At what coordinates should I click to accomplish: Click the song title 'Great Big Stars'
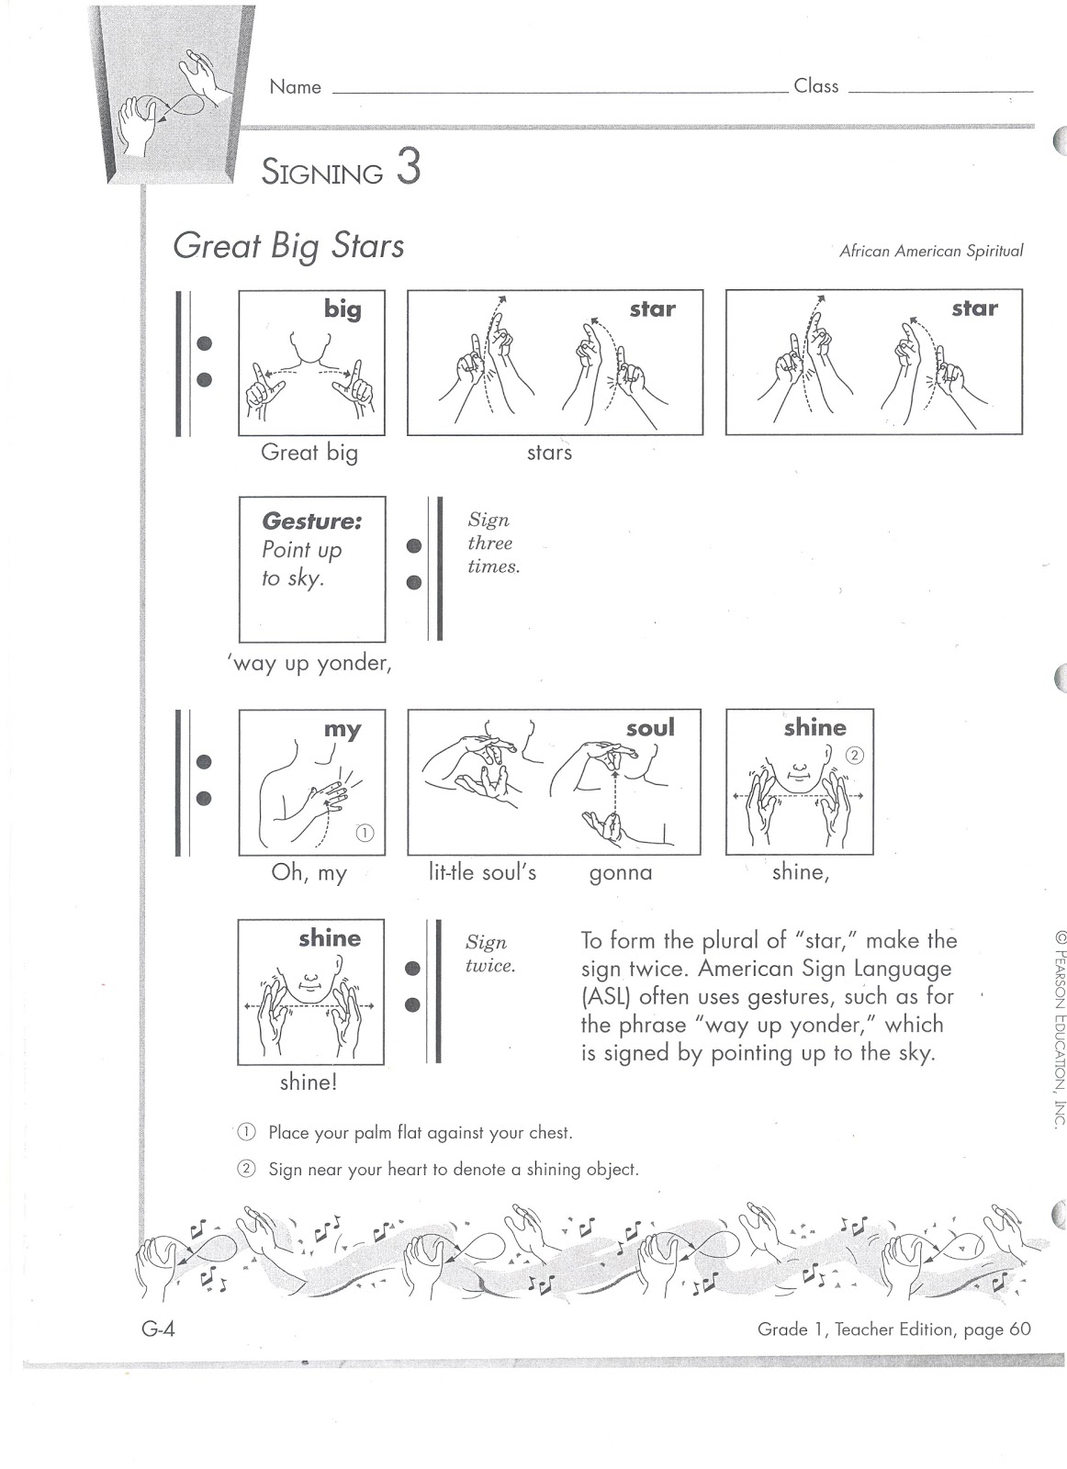[288, 246]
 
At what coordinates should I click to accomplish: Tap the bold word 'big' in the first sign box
[343, 309]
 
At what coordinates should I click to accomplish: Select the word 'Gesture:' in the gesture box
[311, 521]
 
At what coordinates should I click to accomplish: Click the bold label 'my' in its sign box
[343, 729]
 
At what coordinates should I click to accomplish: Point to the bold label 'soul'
[650, 728]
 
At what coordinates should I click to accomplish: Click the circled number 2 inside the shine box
[855, 756]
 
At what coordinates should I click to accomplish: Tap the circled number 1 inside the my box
[364, 833]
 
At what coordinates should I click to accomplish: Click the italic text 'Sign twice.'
[489, 954]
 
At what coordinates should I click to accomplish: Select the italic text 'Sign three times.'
[493, 543]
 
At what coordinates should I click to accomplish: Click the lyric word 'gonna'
[620, 872]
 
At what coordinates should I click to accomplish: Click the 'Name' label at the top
[295, 87]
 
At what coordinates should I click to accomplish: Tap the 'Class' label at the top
[815, 86]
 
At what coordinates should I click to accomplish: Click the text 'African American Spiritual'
[930, 251]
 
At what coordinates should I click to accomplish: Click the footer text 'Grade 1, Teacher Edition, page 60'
[893, 1329]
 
